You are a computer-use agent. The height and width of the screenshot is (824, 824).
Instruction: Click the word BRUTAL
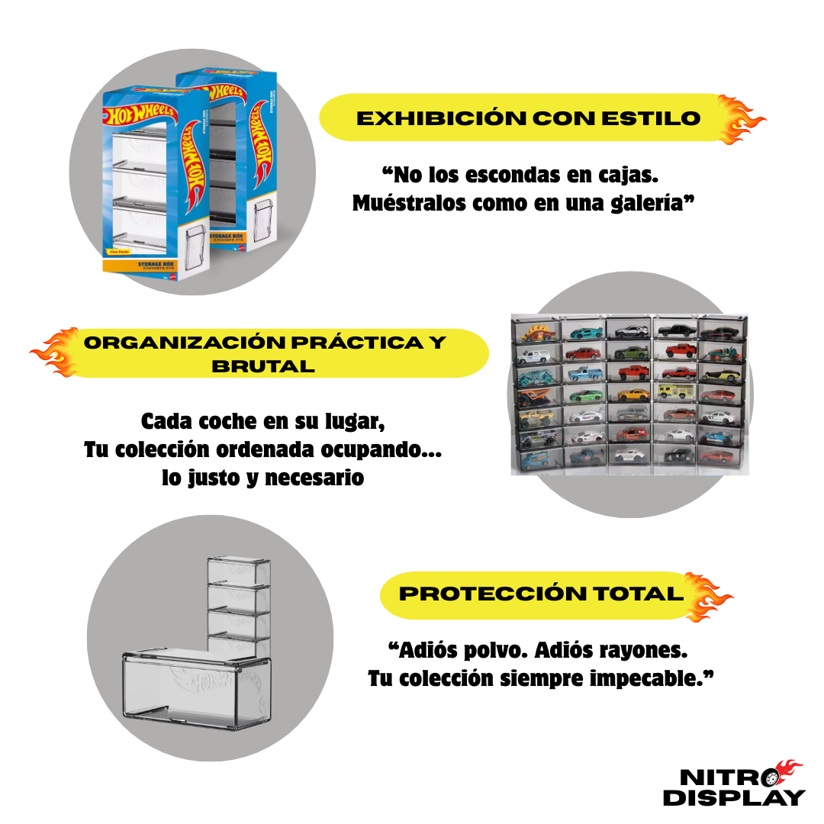pos(263,366)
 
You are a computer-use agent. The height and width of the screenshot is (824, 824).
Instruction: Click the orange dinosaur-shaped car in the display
pos(537,332)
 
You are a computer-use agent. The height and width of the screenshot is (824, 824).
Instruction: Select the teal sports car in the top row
pos(584,332)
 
